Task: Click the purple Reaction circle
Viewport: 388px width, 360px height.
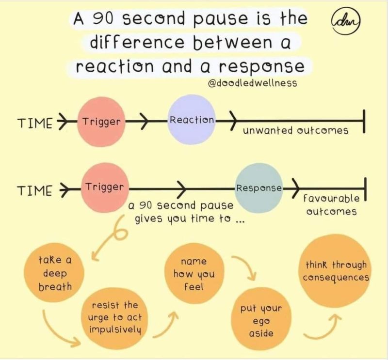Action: tap(192, 119)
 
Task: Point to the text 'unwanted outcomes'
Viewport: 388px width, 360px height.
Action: tap(295, 131)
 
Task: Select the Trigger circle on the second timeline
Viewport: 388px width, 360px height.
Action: tap(104, 187)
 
